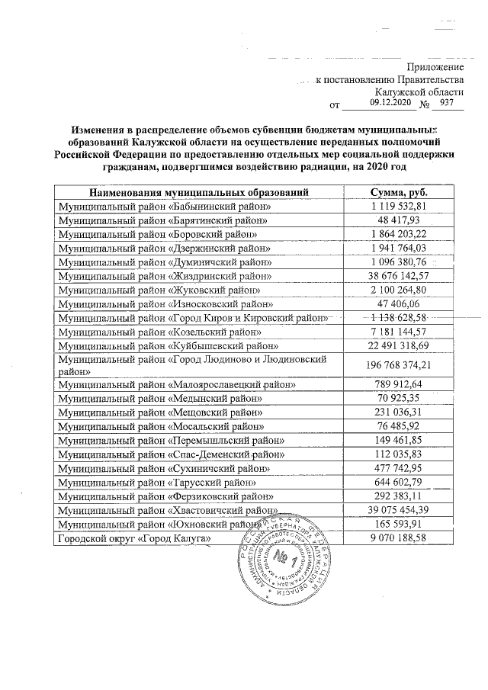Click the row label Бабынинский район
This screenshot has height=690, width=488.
165,207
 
